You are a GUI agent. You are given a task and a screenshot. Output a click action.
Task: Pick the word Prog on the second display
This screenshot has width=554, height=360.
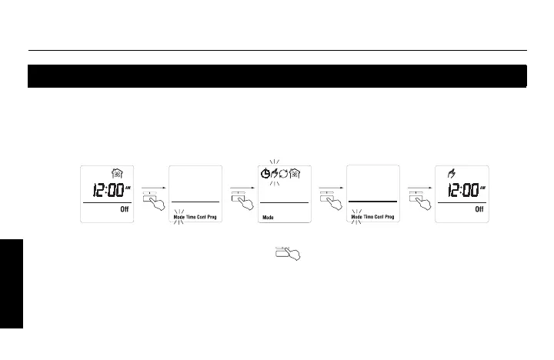point(212,218)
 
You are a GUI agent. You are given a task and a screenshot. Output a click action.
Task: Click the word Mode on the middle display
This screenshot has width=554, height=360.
point(269,218)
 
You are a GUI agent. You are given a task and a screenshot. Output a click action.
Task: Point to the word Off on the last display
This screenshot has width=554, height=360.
point(478,210)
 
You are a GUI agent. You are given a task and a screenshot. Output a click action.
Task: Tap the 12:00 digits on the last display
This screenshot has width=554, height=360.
point(459,190)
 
